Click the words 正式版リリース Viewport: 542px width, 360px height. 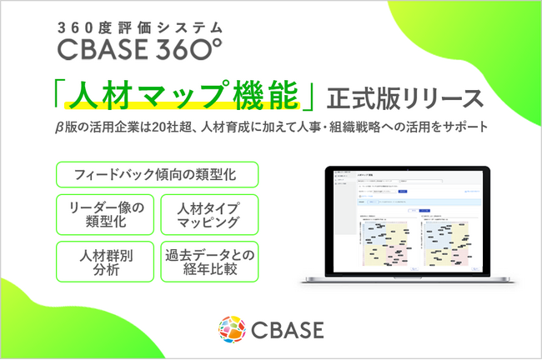(x=405, y=97)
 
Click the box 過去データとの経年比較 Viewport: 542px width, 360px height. (x=208, y=261)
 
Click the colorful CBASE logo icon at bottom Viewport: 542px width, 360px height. (x=229, y=327)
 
